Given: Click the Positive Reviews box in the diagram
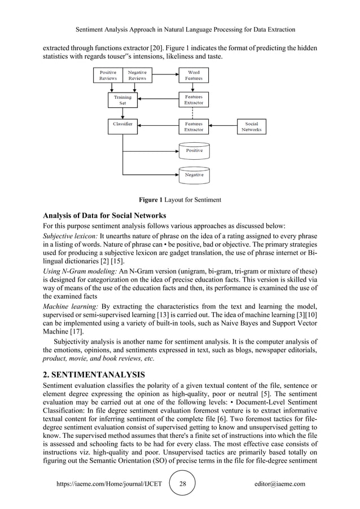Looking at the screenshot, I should (x=108, y=76).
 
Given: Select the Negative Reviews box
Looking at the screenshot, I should (x=137, y=76).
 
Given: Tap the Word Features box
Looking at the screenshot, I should (x=194, y=76).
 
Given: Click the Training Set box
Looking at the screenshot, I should (x=122, y=100).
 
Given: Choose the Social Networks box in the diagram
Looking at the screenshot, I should (x=251, y=126).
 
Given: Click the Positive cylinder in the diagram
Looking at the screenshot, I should (x=194, y=151).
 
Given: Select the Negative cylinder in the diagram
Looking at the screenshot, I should (x=194, y=175).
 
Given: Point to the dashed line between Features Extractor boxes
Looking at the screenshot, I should (x=194, y=113).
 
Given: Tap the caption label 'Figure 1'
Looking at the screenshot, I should (x=152, y=199).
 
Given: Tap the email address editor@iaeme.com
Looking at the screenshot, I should (x=280, y=484).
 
